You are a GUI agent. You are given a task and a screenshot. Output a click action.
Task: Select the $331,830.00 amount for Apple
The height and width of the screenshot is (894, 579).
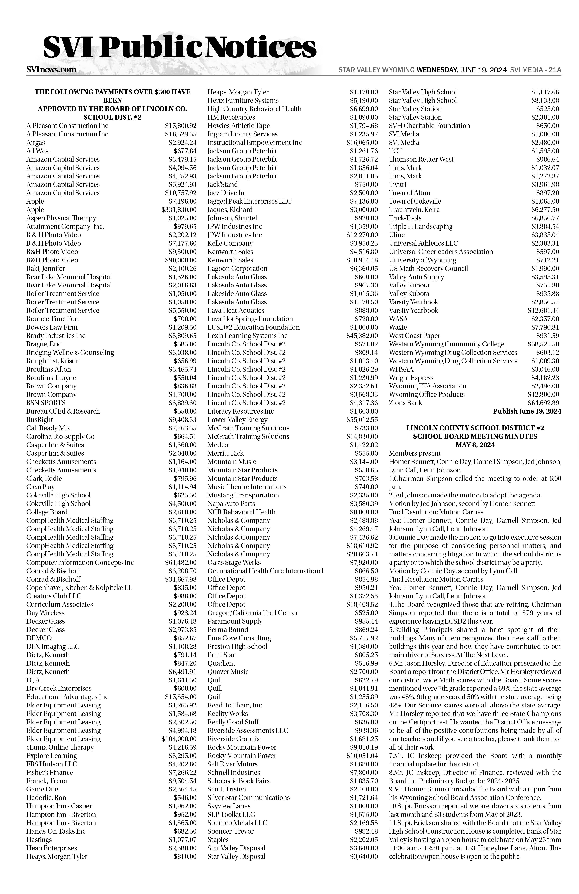(179, 210)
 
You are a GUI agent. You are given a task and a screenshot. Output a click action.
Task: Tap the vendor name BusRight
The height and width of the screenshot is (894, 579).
(39, 420)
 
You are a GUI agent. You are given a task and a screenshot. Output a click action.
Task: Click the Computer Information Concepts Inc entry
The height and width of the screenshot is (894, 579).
(80, 562)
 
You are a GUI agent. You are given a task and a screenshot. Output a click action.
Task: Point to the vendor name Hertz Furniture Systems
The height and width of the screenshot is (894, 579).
(243, 100)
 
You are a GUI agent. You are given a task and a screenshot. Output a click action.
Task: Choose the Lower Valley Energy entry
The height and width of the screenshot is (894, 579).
(237, 420)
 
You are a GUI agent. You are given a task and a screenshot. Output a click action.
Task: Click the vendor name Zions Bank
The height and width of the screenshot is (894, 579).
(405, 403)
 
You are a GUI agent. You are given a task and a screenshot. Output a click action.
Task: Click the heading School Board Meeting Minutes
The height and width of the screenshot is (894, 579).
(475, 436)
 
